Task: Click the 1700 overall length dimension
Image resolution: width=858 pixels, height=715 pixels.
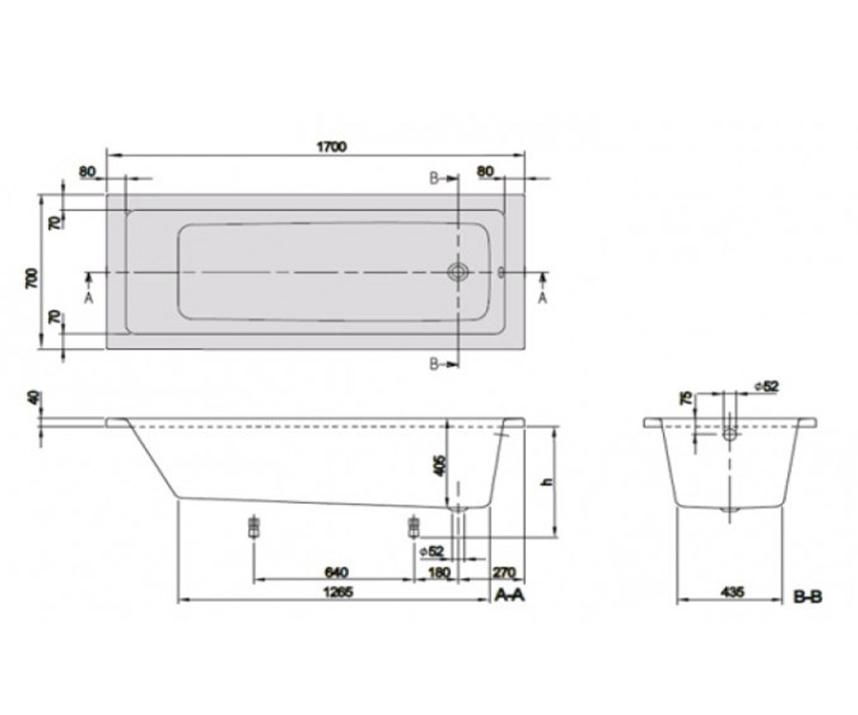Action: click(x=332, y=147)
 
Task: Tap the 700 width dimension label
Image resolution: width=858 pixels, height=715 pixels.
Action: click(x=31, y=278)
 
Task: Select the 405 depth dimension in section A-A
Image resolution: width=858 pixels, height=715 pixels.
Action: click(x=439, y=465)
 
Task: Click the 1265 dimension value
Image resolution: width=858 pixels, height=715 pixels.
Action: click(x=338, y=592)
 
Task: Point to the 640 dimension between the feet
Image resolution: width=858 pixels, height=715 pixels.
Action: click(x=337, y=572)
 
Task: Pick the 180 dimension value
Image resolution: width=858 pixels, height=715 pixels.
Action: click(x=438, y=572)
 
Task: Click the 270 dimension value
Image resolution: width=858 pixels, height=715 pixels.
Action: click(x=504, y=572)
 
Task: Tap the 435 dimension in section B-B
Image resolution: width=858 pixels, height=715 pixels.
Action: click(x=732, y=592)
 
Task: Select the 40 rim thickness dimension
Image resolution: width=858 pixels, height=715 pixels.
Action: click(x=34, y=397)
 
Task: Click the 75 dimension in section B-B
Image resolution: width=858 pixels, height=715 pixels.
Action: click(x=686, y=398)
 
